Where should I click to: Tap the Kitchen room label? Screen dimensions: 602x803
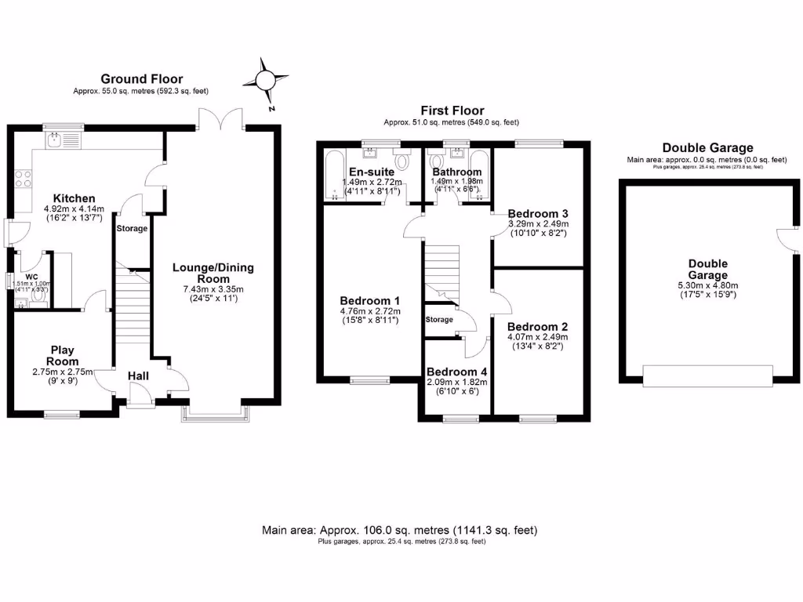pos(74,198)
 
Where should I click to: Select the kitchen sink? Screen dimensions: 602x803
pos(55,140)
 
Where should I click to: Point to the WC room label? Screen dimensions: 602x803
pos(32,277)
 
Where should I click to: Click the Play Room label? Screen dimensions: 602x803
pos(62,355)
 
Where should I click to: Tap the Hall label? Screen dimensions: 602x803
pos(139,376)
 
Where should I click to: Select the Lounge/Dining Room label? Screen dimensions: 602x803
pos(213,273)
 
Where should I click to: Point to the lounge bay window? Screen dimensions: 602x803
pos(213,412)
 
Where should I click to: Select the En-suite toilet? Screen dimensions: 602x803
pos(402,161)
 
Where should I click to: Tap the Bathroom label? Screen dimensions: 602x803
pos(457,172)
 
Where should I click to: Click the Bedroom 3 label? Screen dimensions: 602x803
pos(537,213)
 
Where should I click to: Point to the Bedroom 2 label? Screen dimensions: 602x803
pos(537,327)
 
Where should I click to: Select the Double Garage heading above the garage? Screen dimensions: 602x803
pos(707,147)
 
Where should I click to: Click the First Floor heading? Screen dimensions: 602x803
pos(452,111)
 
